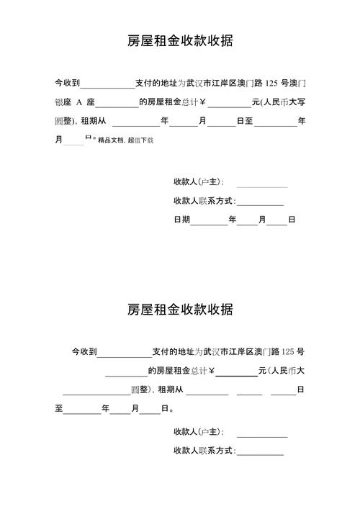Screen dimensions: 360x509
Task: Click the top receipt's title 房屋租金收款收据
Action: (x=180, y=41)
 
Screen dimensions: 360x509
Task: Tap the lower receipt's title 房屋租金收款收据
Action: (x=180, y=310)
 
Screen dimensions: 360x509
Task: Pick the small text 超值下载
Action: (x=140, y=140)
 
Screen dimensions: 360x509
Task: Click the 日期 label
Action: (x=181, y=220)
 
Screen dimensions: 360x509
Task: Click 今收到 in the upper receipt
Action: (x=68, y=84)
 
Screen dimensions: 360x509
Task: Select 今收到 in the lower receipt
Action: (x=84, y=352)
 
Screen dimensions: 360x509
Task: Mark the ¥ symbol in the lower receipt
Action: (x=212, y=371)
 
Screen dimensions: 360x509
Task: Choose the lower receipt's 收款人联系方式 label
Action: (x=204, y=451)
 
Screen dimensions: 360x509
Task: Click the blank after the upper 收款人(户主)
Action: (x=262, y=184)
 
